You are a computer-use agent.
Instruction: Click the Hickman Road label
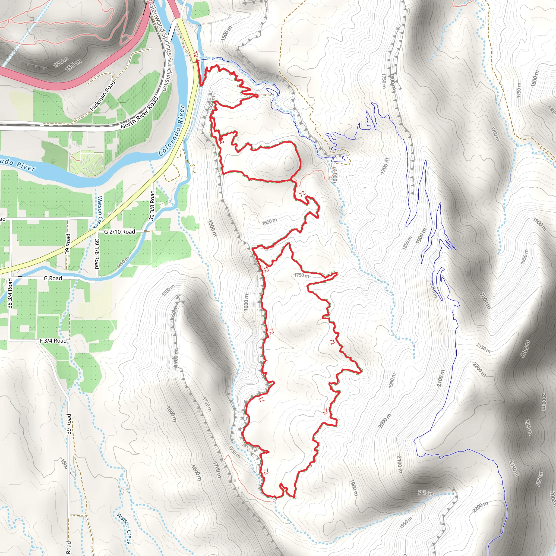click(103, 96)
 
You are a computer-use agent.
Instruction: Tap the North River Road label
click(140, 113)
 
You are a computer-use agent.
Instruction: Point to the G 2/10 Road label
click(119, 232)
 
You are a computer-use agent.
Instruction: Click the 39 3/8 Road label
click(152, 206)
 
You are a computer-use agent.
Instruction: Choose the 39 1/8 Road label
click(97, 254)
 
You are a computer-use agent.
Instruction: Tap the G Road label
click(53, 278)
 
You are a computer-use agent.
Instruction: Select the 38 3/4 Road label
click(10, 293)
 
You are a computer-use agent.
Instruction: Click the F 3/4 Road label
click(53, 341)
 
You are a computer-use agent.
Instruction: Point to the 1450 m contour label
click(123, 263)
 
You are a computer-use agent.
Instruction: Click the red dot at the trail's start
click(197, 61)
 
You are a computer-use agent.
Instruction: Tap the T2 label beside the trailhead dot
click(195, 54)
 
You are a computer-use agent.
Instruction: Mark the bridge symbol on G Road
click(20, 278)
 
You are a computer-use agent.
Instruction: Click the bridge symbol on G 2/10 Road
click(146, 231)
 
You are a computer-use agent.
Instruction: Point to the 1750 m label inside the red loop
click(302, 275)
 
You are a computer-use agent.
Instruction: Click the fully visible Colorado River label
click(172, 131)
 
